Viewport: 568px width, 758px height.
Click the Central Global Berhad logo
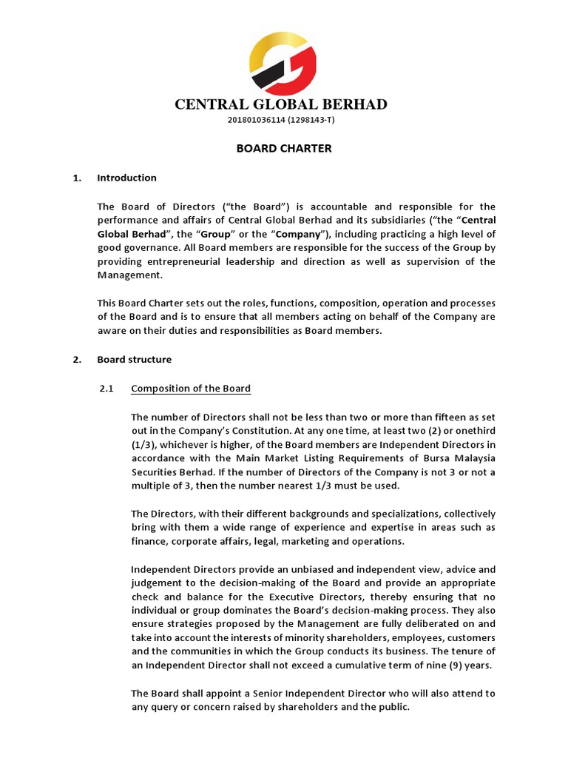(283, 64)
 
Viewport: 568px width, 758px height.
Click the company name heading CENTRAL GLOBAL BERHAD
(281, 104)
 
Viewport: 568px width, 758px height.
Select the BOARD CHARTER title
(284, 149)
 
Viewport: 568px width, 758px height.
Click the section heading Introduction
(126, 178)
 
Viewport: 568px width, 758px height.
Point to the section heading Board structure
(134, 360)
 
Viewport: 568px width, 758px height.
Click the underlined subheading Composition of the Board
(191, 389)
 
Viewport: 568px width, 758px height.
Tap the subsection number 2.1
(106, 389)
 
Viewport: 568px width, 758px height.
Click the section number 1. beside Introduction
(76, 178)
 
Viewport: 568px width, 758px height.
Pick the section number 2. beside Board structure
(76, 360)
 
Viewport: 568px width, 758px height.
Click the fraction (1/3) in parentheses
(143, 445)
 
